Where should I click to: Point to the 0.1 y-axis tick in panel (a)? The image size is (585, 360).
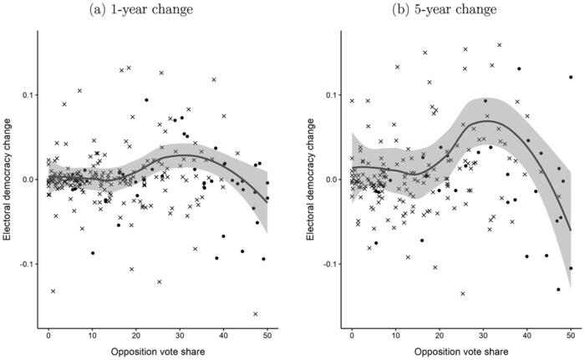point(27,94)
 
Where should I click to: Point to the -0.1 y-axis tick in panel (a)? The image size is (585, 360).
point(25,264)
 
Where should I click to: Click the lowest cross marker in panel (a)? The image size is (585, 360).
point(255,314)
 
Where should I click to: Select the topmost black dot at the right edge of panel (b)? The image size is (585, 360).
point(571,78)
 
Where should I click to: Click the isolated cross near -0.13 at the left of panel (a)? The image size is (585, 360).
point(53,291)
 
